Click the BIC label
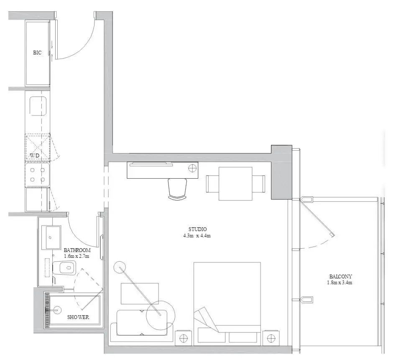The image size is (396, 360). [x=37, y=53]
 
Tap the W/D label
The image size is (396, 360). [x=35, y=155]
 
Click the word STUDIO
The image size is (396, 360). [x=197, y=229]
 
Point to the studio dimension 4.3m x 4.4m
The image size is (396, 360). [x=197, y=236]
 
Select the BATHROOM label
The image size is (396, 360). [x=77, y=250]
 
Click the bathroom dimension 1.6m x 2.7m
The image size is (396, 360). [x=77, y=256]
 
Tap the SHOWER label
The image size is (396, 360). [x=78, y=317]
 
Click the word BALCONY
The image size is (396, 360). [x=340, y=277]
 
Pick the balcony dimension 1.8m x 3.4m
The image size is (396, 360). [x=340, y=283]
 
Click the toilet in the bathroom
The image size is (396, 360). [x=64, y=267]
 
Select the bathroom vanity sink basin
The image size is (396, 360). [x=53, y=237]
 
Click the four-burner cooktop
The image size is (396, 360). [x=37, y=175]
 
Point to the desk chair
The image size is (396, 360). [x=177, y=189]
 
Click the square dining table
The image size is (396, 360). [x=235, y=184]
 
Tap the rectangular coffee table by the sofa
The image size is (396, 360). [x=140, y=294]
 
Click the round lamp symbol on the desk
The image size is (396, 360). [x=192, y=168]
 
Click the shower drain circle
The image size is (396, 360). [x=58, y=310]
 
